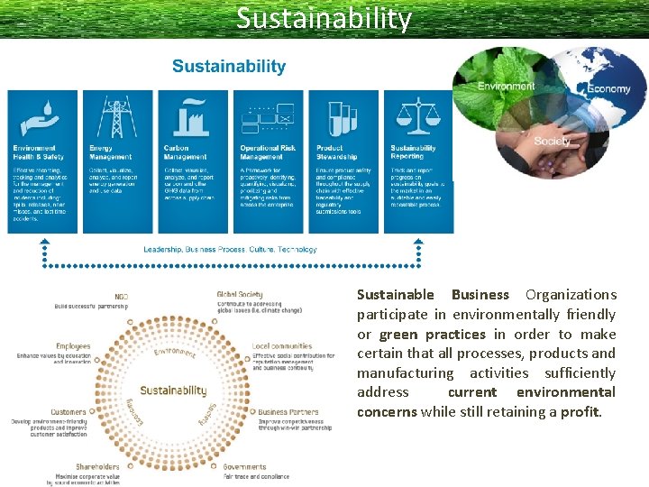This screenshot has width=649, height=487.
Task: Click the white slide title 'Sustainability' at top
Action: [x=324, y=18]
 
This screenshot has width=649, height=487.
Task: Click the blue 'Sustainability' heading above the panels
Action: [x=229, y=67]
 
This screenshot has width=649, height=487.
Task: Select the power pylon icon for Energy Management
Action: [x=116, y=116]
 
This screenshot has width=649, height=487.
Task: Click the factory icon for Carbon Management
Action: [x=192, y=115]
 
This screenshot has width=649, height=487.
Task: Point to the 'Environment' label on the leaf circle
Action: [x=506, y=87]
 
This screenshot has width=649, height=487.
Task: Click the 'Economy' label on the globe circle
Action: [x=608, y=89]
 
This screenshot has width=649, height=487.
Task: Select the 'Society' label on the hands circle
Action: [x=552, y=142]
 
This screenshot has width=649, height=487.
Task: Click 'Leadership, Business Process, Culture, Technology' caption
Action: [x=230, y=250]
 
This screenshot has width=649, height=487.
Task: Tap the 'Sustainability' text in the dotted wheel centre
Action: [x=173, y=391]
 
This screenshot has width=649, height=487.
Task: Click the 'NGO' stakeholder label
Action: [x=121, y=297]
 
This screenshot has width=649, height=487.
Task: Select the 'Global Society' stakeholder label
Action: [x=240, y=295]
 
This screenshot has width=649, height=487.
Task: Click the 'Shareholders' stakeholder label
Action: [x=98, y=466]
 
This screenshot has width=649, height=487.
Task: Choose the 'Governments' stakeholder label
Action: [x=245, y=467]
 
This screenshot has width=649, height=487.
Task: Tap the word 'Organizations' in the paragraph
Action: [x=571, y=295]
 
